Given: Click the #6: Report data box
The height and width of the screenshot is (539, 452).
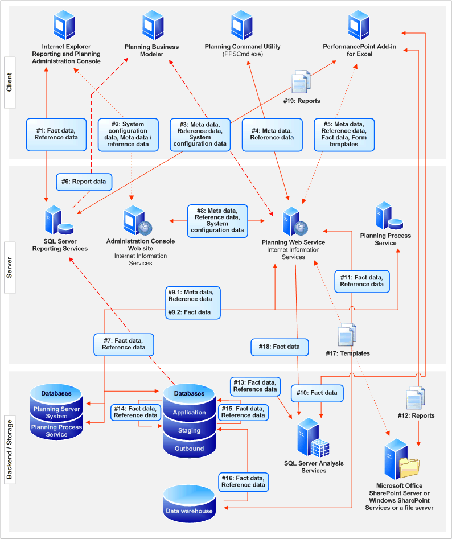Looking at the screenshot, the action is click(84, 182).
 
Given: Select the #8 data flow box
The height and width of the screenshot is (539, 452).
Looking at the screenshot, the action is click(217, 221).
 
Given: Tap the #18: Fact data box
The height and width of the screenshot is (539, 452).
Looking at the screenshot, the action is click(280, 347).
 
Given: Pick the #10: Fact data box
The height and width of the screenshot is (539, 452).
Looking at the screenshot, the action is click(317, 393).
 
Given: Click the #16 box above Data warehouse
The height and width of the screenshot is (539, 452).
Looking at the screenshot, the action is click(243, 482).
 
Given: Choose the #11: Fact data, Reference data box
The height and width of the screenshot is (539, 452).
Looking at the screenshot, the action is click(362, 281).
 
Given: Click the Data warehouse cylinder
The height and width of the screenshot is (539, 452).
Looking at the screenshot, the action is click(189, 504).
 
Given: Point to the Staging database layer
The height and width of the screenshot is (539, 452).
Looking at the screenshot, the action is click(190, 430).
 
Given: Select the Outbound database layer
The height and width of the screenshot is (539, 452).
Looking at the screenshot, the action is click(190, 449).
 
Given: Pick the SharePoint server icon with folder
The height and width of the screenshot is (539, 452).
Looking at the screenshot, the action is click(401, 459).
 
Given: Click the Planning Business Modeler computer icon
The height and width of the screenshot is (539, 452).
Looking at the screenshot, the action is click(153, 25).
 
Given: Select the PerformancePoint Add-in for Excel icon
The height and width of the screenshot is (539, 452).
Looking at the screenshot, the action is click(359, 25).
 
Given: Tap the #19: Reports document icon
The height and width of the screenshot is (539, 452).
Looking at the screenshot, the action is click(301, 82).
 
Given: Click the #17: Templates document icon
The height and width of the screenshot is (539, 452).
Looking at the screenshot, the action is click(347, 335).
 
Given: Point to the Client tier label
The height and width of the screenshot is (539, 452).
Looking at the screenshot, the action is click(10, 83).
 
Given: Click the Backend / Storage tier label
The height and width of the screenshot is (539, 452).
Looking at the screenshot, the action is click(10, 449).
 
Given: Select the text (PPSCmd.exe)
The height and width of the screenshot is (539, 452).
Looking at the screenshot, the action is click(243, 54).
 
